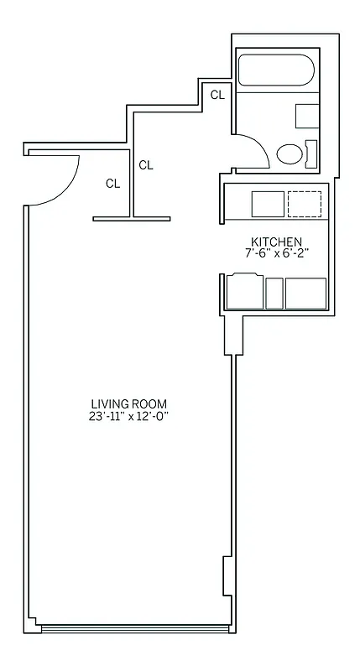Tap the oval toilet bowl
click(290, 154)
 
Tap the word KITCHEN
click(274, 241)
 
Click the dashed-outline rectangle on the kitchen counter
click(304, 204)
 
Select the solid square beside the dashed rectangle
click(268, 204)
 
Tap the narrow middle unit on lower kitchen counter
click(274, 293)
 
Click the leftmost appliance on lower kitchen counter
click(242, 293)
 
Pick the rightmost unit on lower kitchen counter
click(305, 293)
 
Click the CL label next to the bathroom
click(217, 95)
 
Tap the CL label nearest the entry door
click(112, 183)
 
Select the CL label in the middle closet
click(146, 165)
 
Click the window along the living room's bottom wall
click(134, 627)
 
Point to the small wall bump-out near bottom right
click(226, 578)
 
